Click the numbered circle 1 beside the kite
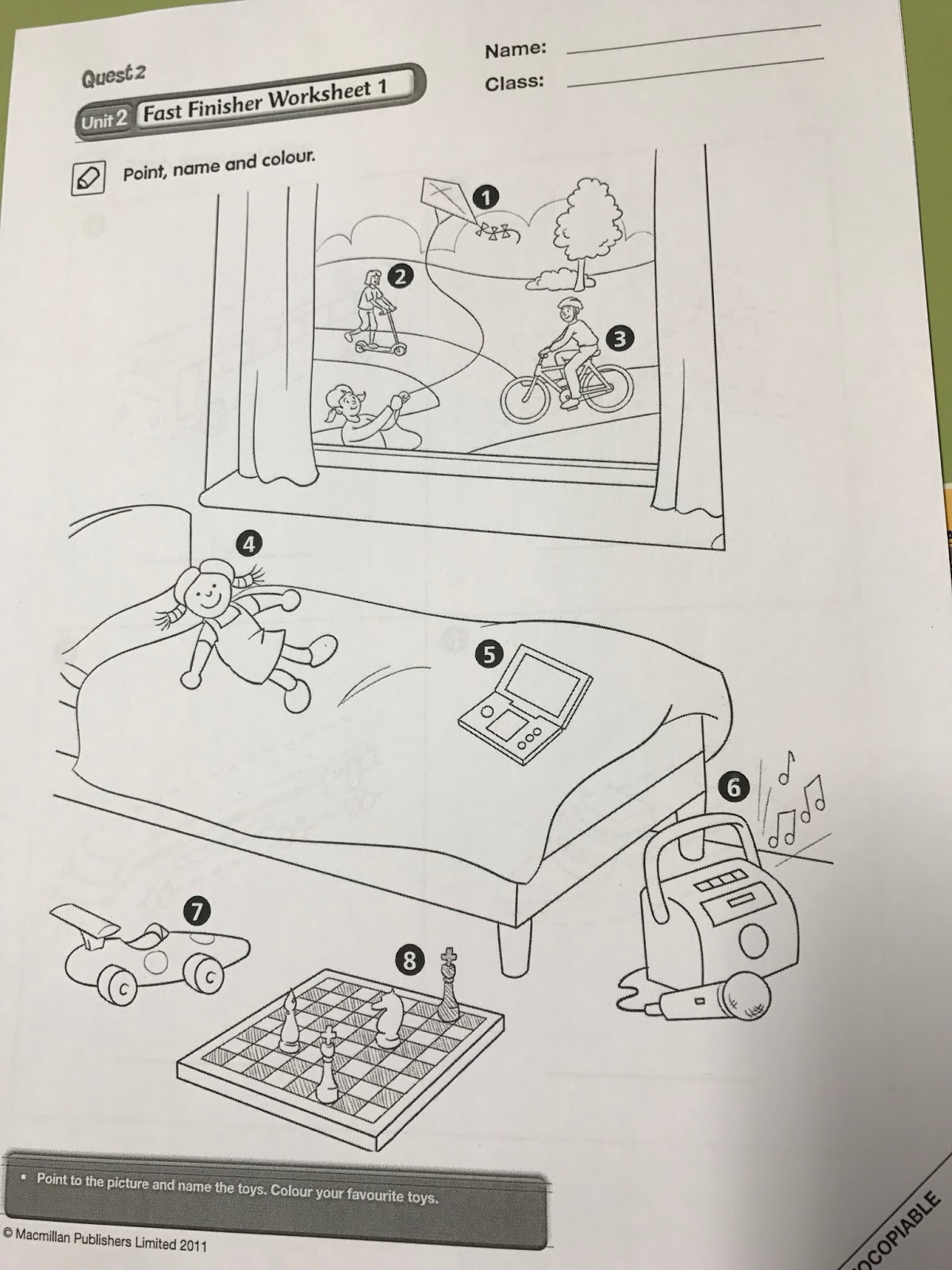(x=486, y=198)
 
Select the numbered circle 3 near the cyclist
(x=620, y=338)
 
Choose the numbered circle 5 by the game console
(x=489, y=654)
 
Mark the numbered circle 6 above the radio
(x=733, y=787)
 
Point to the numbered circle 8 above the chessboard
(x=409, y=960)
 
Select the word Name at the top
(x=515, y=50)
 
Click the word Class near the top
(x=514, y=83)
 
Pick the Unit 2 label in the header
(x=104, y=121)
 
